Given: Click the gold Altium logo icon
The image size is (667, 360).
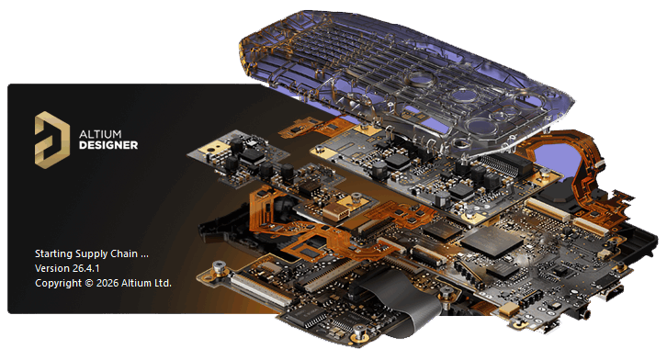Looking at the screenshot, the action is pos(51,140).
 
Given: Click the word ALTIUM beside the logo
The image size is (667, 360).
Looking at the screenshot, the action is pos(100,134).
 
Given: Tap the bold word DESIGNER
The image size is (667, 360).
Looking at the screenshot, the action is pos(108,145).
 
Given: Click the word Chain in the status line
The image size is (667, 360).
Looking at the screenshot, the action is pos(124,253).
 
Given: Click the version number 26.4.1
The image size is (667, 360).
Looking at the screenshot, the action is pos(85,268).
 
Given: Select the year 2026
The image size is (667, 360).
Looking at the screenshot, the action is pos(107,284).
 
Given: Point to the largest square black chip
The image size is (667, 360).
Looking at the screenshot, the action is pos(492,241).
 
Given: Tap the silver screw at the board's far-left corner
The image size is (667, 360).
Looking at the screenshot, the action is pos(219,267).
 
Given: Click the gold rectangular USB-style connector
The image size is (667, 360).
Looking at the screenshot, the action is pos(335,211).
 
